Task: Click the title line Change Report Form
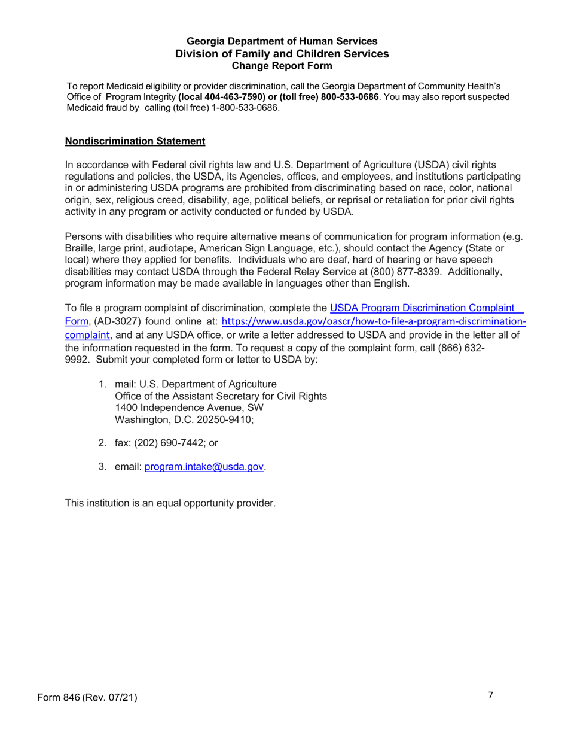(x=282, y=65)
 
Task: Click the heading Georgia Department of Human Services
(x=282, y=41)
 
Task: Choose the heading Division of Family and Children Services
(x=282, y=53)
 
